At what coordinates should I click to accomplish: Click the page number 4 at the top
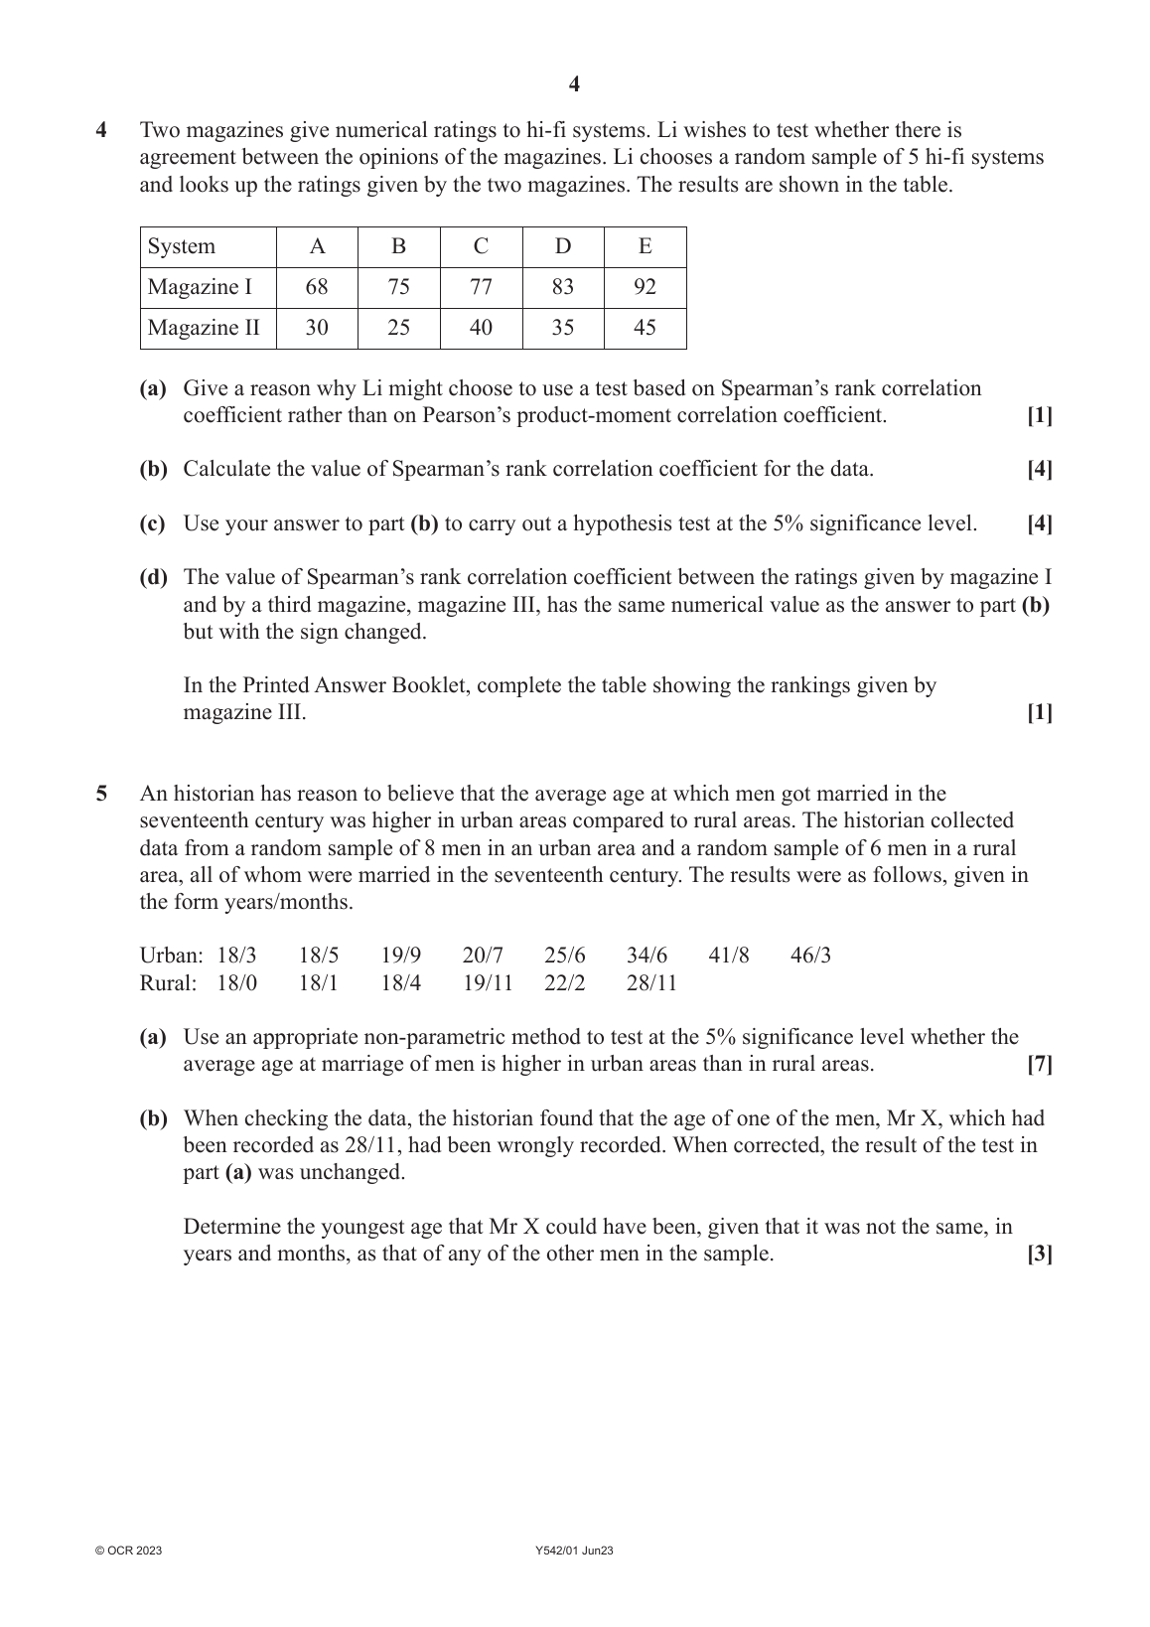574,84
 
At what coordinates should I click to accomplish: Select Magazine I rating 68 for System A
317,287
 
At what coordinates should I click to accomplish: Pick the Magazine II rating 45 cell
645,328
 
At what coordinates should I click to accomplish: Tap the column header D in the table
563,246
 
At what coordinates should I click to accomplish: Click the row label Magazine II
204,328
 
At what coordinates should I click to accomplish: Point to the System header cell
182,246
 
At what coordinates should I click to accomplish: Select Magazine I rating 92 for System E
645,287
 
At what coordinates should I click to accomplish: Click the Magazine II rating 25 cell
398,328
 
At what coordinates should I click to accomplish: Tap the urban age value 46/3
810,956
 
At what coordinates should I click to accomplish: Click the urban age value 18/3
236,956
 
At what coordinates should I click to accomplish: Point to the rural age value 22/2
564,983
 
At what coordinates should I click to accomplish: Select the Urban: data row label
171,956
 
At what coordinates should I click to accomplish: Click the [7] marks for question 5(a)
1039,1065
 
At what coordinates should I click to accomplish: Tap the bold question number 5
100,794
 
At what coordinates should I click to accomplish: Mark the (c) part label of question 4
153,523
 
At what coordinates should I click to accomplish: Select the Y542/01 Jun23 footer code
574,1551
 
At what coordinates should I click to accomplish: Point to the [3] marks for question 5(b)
1039,1254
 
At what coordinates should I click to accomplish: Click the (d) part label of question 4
153,577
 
